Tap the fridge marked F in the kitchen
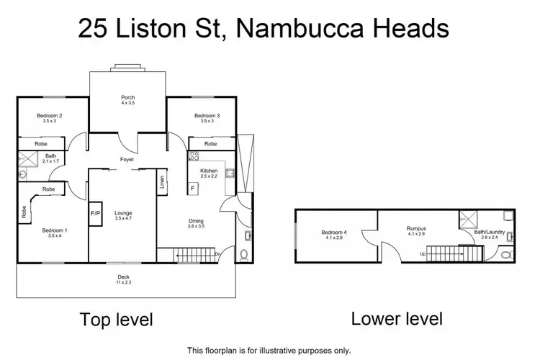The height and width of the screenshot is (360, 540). (x=192, y=188)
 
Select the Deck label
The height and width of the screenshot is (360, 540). (x=125, y=278)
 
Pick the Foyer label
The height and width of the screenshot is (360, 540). (x=128, y=160)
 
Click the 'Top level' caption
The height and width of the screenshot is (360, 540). (x=116, y=319)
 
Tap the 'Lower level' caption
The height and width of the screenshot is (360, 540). (x=397, y=318)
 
